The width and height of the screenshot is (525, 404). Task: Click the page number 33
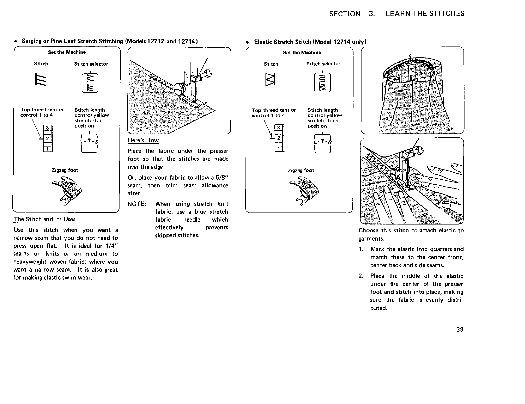460,330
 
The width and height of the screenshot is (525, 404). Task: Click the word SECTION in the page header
345,14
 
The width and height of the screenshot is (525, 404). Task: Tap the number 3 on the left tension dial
48,128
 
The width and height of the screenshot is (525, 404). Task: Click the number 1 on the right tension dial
278,148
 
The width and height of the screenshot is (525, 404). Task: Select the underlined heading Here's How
143,140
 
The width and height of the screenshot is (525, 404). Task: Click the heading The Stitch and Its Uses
45,219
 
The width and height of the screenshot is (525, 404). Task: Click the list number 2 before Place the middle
361,276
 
